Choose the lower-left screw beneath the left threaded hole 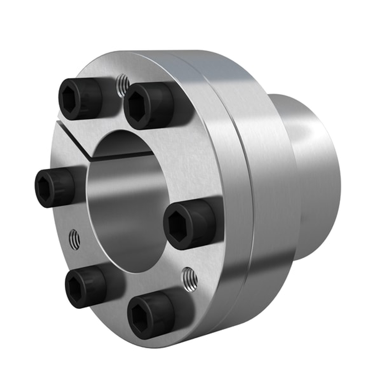pyautogui.click(x=85, y=286)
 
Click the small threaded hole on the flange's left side pyautogui.click(x=75, y=240)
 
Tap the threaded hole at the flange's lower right pyautogui.click(x=189, y=277)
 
